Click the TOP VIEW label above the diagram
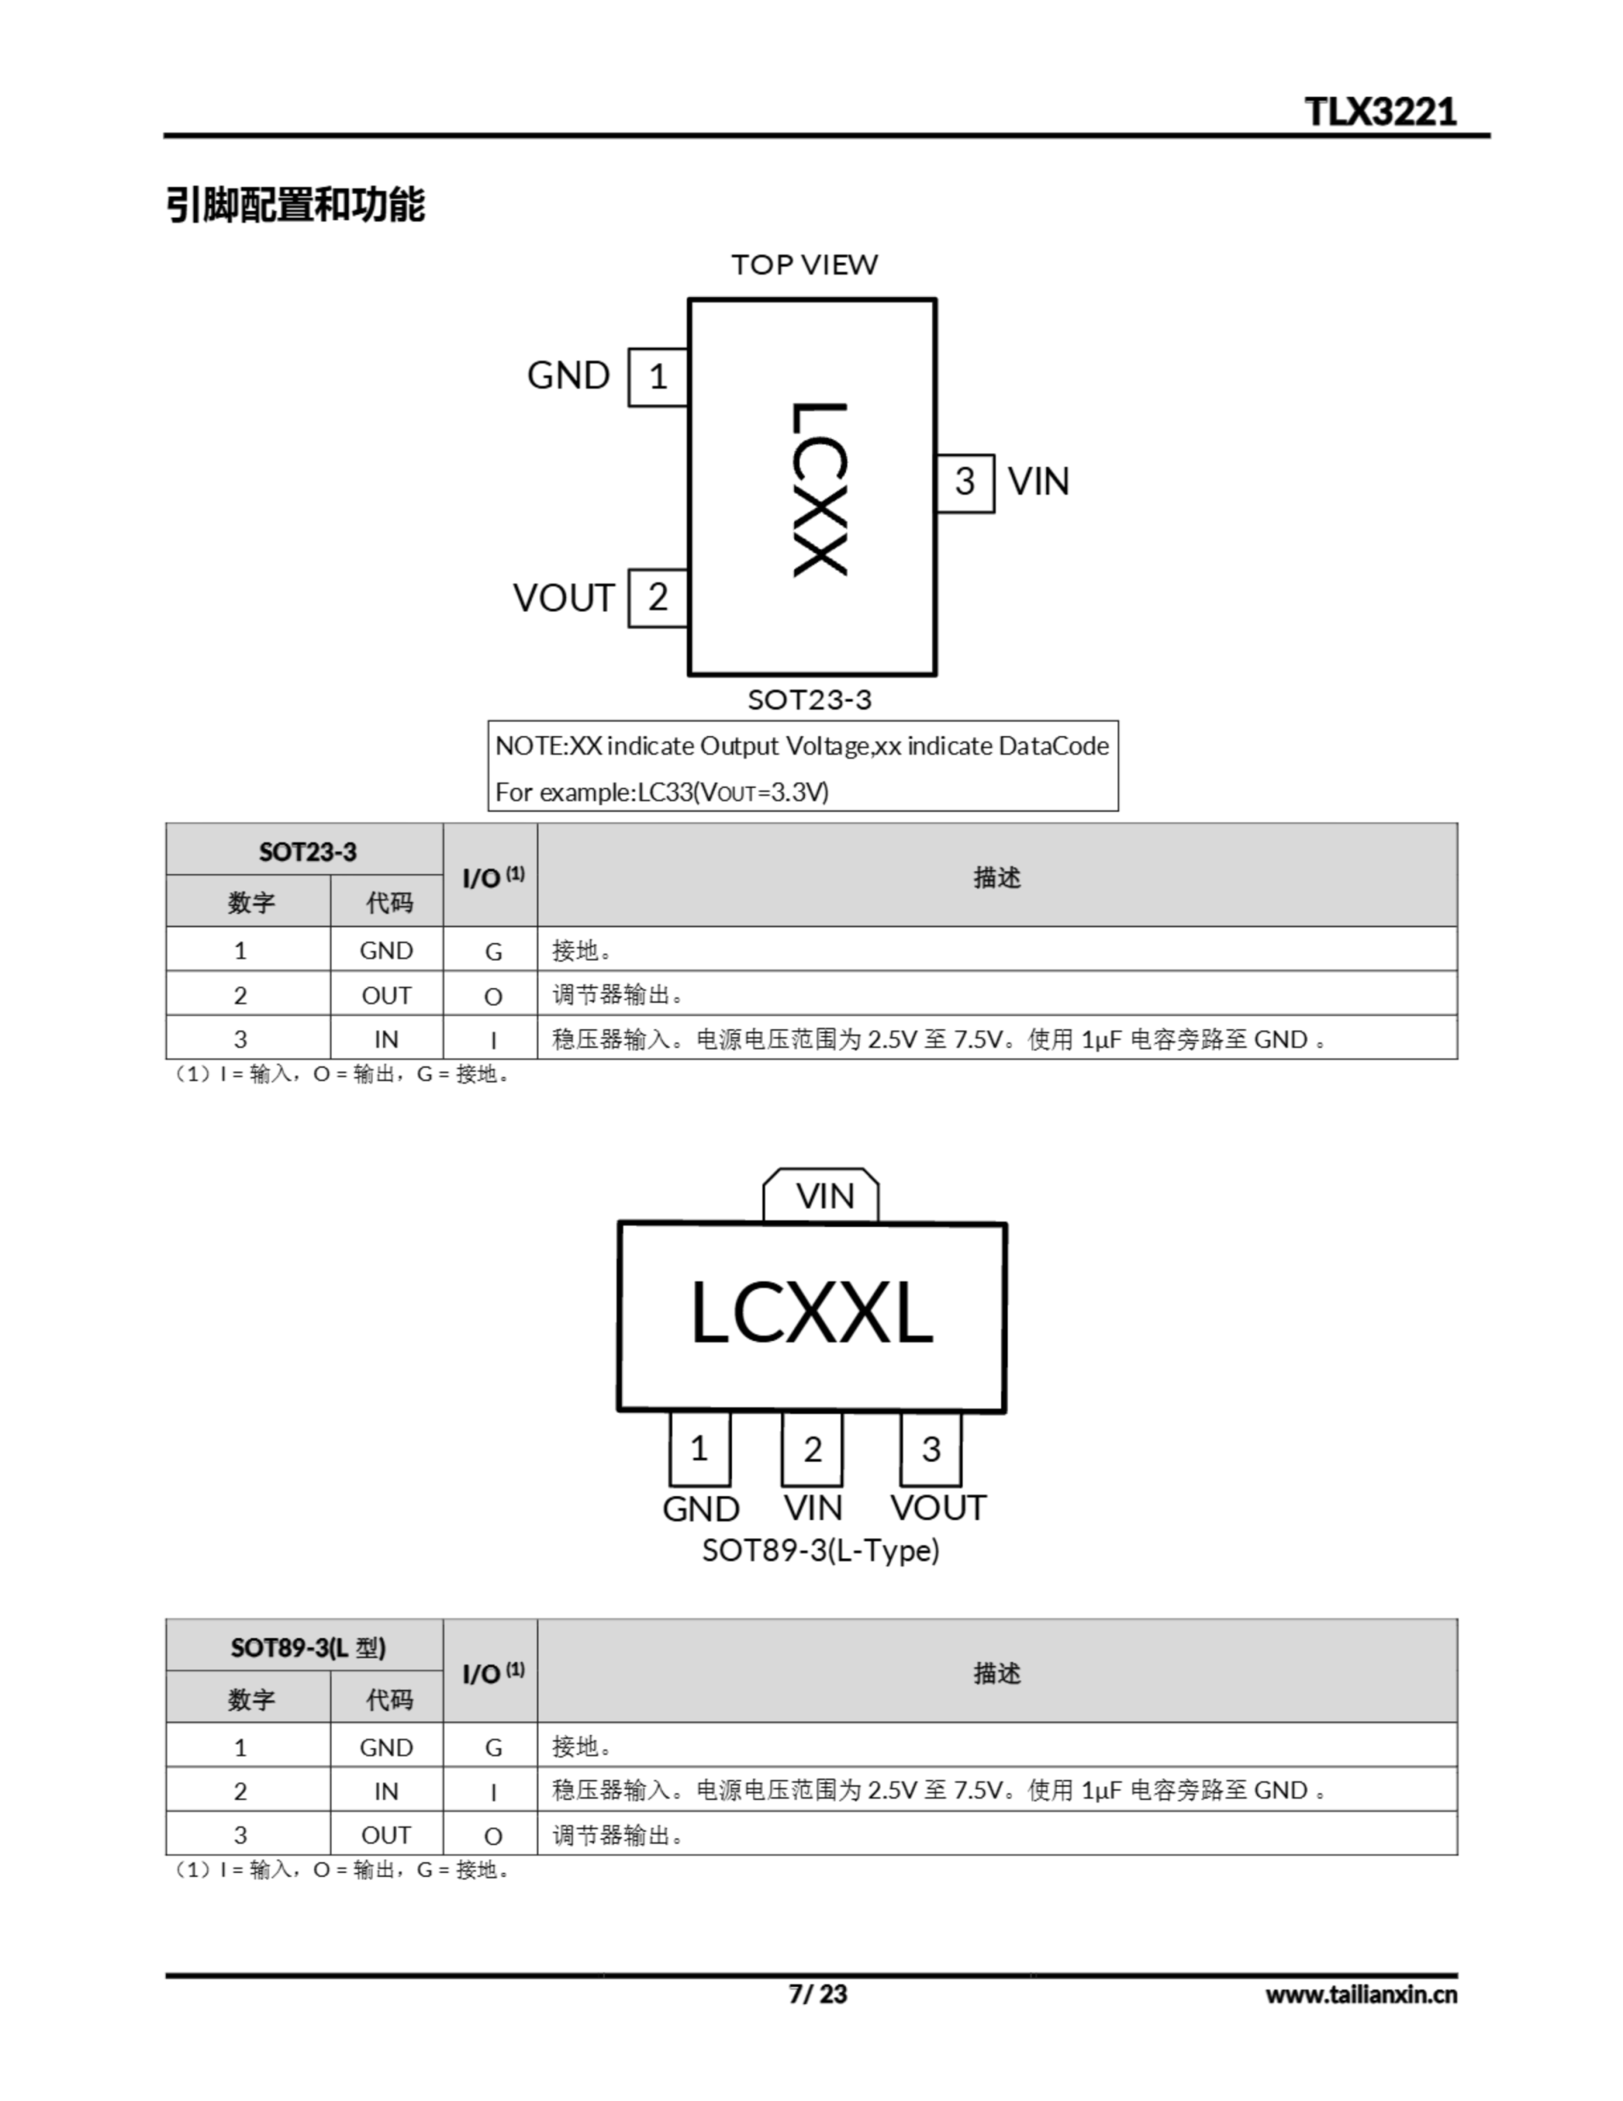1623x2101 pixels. pos(804,264)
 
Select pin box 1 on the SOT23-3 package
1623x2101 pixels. pos(658,377)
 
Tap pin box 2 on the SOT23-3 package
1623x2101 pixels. pos(658,597)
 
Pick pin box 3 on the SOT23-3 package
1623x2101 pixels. pos(965,482)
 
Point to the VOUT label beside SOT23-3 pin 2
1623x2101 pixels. pos(563,598)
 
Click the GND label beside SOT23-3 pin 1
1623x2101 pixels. pos(569,376)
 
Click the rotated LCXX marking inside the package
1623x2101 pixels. pos(819,488)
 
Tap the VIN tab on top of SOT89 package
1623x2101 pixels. pos(825,1196)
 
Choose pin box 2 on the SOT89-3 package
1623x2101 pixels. pos(812,1449)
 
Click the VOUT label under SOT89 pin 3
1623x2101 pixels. pos(938,1508)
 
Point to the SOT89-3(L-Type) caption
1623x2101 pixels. pos(820,1551)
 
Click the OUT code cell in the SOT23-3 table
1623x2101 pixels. pos(386,995)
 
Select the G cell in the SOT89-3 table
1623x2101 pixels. pos(492,1747)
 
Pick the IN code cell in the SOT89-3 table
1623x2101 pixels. pos(386,1792)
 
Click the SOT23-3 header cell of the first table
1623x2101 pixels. pos(307,851)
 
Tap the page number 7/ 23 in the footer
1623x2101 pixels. pos(818,1994)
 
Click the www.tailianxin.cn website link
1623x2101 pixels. pos(1360,1995)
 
